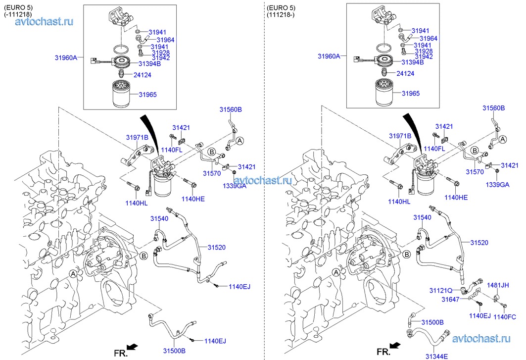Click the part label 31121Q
click(441, 290)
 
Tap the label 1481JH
click(498, 286)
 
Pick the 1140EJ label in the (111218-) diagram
click(479, 316)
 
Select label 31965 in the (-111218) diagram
click(148, 94)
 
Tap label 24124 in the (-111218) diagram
click(142, 75)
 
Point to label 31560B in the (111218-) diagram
click(494, 108)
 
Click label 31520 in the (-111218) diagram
click(217, 247)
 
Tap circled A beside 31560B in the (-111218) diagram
click(239, 141)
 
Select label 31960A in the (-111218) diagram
click(66, 57)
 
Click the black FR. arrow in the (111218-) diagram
click(394, 345)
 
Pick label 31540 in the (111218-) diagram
click(423, 218)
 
